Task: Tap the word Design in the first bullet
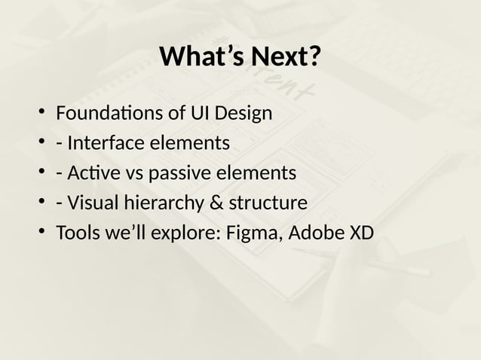[x=244, y=114]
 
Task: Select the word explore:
[x=185, y=233]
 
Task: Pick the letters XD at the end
[x=360, y=233]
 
